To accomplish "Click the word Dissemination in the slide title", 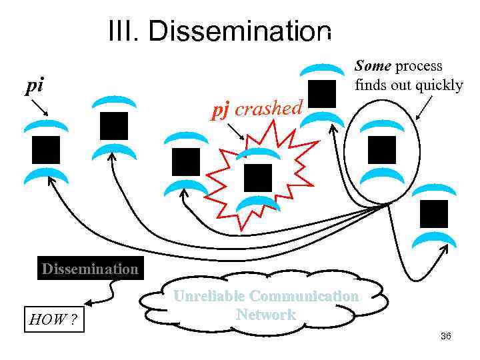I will coord(240,32).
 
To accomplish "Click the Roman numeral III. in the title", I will coord(125,32).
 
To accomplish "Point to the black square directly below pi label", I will coord(46,149).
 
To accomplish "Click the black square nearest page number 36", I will coord(434,213).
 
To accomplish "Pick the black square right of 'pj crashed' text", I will coord(323,93).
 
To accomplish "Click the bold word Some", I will coord(373,66).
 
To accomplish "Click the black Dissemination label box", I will coord(90,269).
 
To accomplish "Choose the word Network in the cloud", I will coord(265,315).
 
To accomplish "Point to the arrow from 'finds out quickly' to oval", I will coord(424,107).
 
